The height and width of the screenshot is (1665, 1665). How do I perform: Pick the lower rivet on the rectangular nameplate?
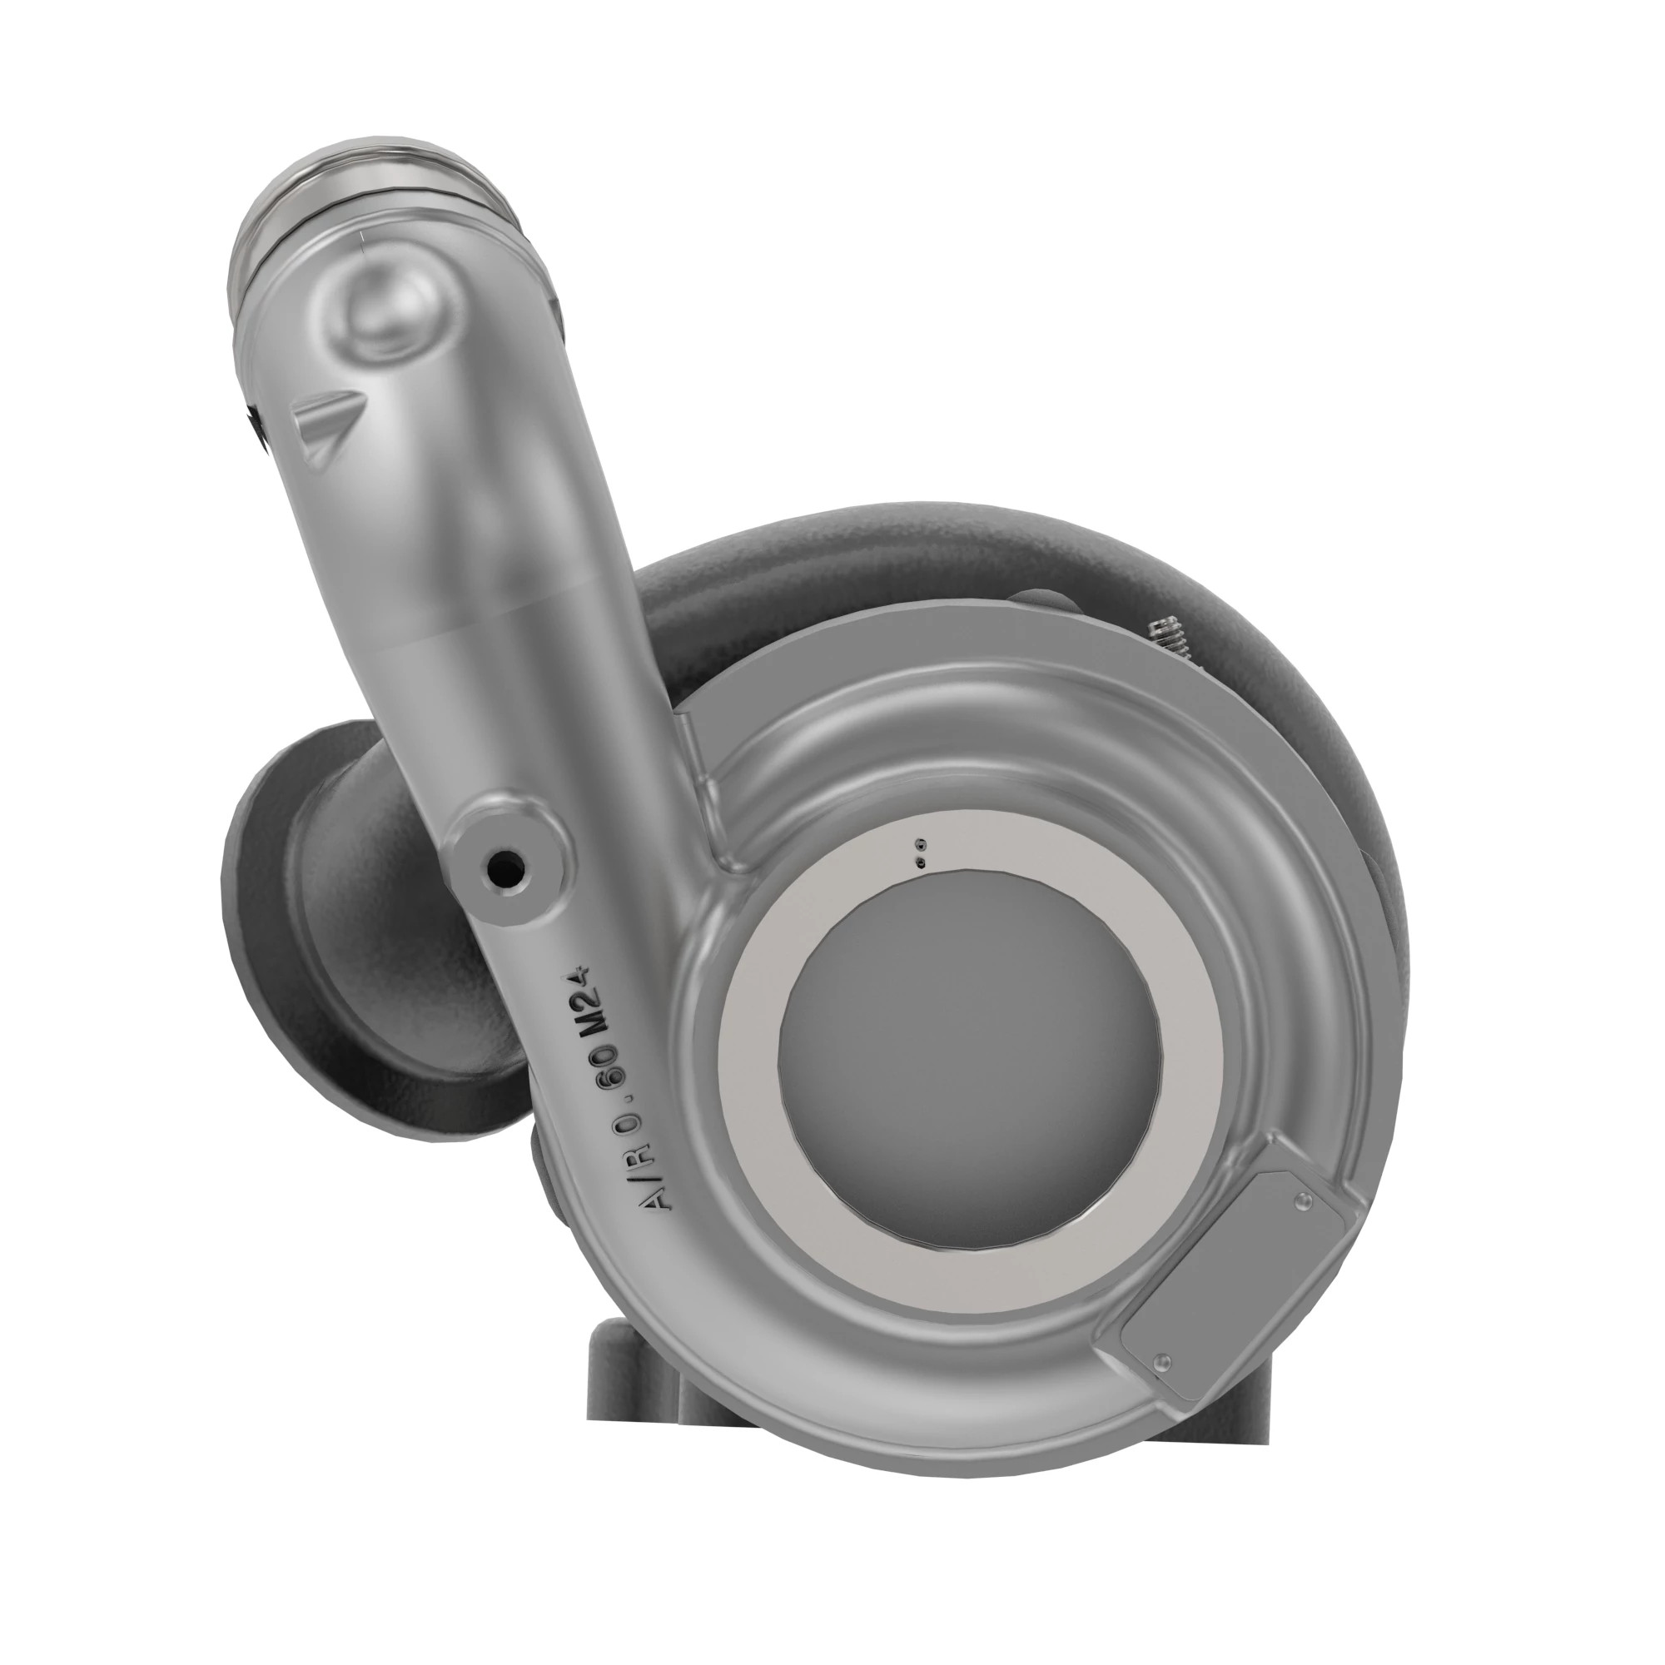click(x=1165, y=1361)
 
